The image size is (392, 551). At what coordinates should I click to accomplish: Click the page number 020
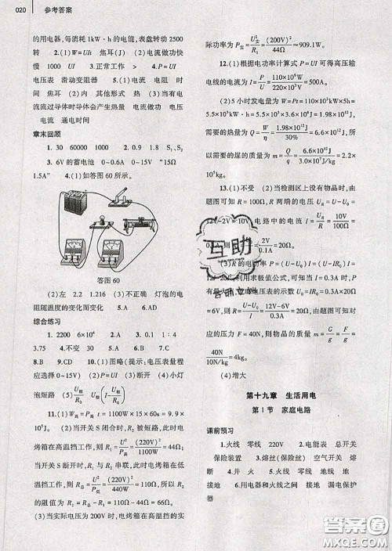20,10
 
